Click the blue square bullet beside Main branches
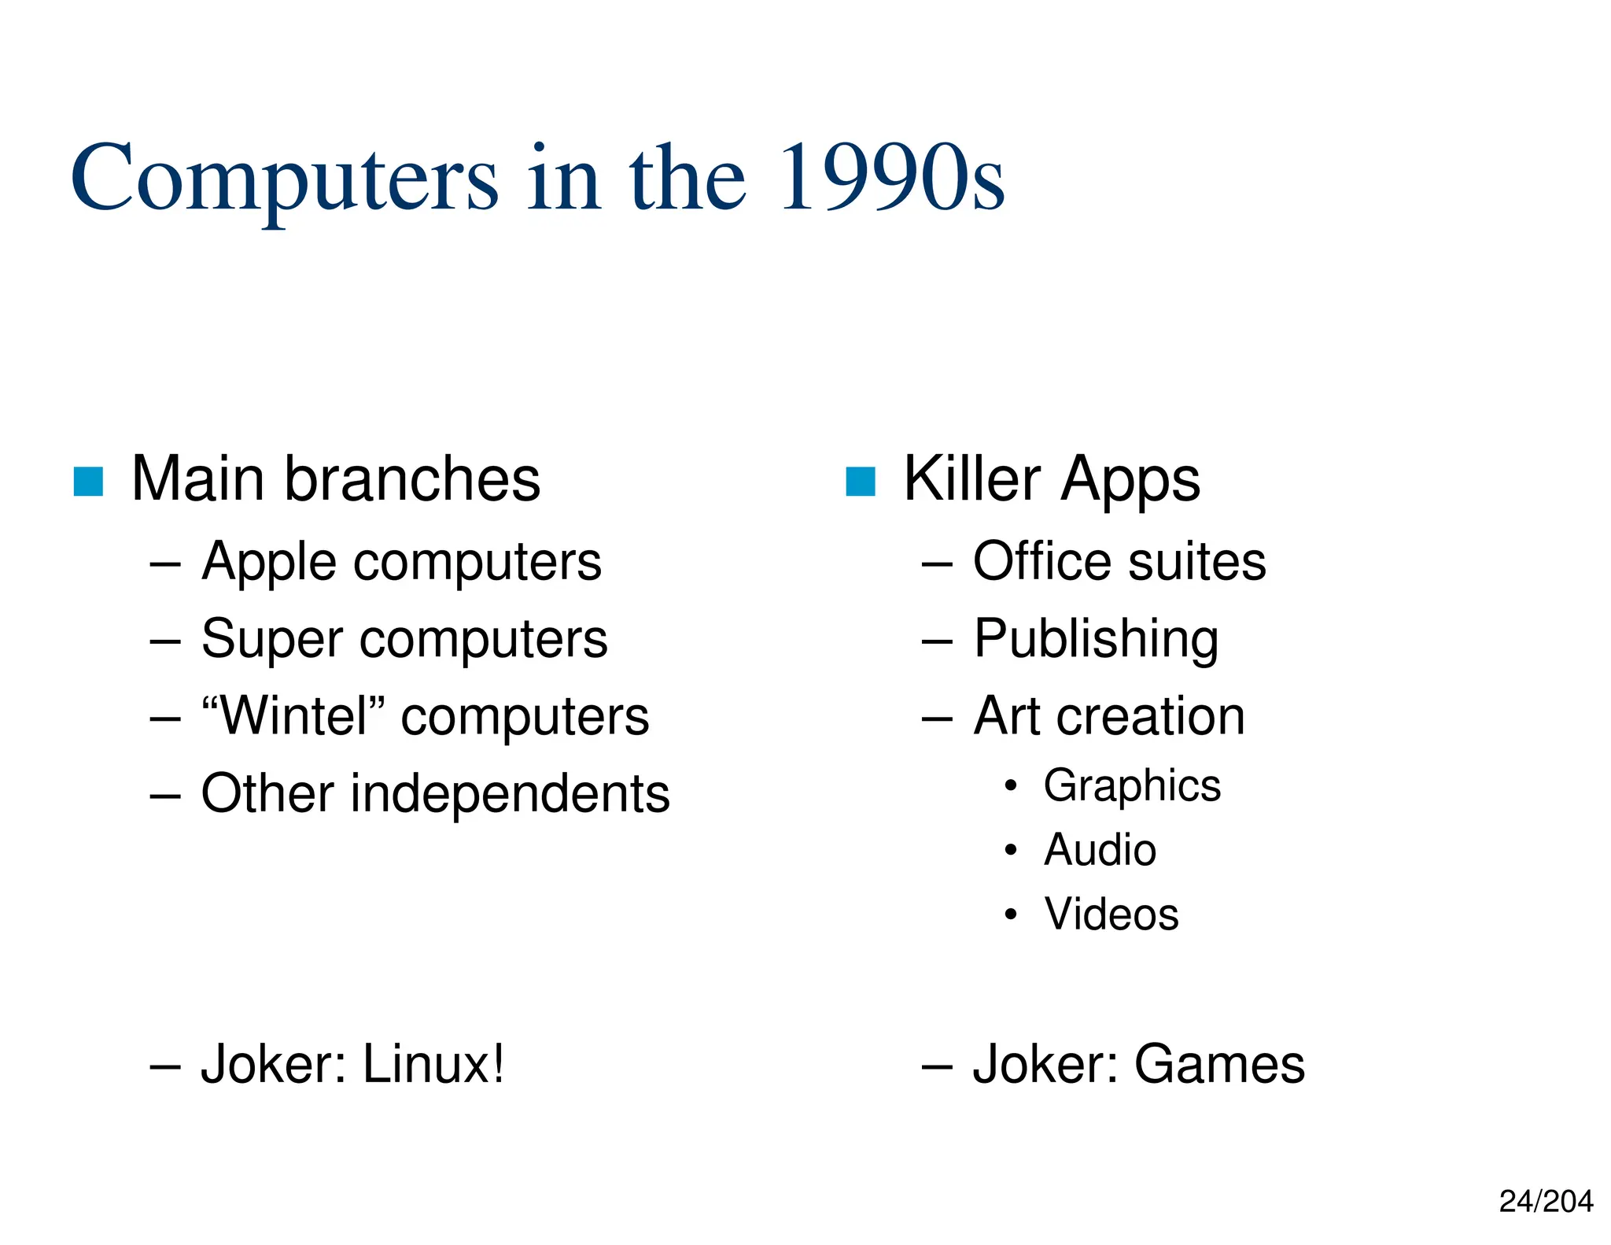point(88,482)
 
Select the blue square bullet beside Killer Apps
point(860,482)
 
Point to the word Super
point(272,639)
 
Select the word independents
point(510,793)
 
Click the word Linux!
point(433,1065)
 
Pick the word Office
point(1042,562)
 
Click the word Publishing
point(1096,639)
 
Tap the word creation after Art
point(1150,717)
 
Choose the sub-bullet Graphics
point(1132,786)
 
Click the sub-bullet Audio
point(1100,851)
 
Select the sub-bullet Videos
point(1111,914)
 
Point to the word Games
point(1219,1065)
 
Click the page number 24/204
point(1545,1202)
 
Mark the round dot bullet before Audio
point(1011,851)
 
